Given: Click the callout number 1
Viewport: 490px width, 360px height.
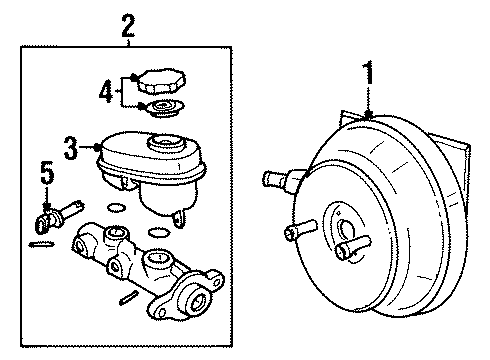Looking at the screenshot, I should (369, 74).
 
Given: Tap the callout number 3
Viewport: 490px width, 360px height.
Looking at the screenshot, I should (71, 147).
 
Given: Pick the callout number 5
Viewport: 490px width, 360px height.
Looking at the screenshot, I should (44, 172).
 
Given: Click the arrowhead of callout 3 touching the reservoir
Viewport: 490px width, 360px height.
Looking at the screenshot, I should (96, 147).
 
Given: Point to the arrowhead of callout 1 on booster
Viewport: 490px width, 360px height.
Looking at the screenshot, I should (369, 117).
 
